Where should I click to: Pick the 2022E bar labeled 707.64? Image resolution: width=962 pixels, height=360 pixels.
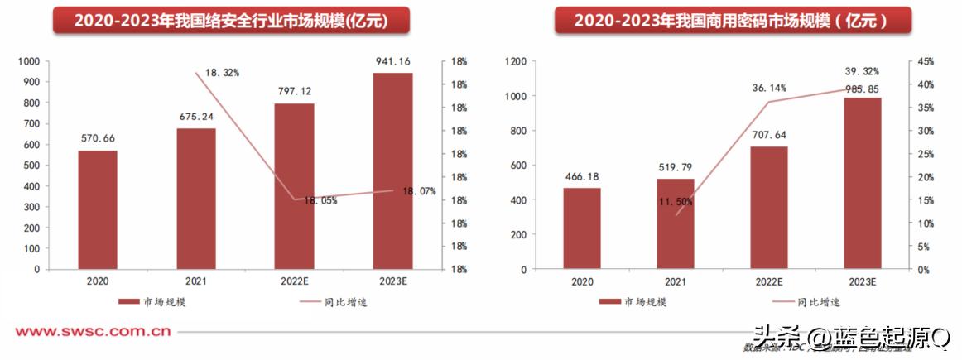pos(769,208)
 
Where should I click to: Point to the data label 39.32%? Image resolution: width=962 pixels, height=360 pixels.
pos(862,71)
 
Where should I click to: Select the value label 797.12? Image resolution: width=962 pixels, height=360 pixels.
pos(295,91)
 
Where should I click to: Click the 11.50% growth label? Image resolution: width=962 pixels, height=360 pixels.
pos(676,202)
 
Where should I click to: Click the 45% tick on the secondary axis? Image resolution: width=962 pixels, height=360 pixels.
pos(925,61)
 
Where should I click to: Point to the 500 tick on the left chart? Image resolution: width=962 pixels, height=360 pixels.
pos(30,166)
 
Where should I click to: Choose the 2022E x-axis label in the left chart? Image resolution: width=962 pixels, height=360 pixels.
pos(295,281)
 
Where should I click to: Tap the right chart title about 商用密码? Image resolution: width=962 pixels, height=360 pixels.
pos(732,21)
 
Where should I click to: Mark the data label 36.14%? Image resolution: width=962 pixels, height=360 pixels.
pos(769,87)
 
